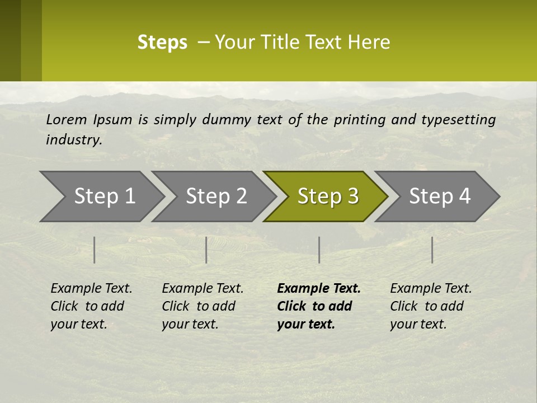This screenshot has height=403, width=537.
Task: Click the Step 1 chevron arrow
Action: [x=104, y=196]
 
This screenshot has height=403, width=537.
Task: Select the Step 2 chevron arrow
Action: [x=216, y=196]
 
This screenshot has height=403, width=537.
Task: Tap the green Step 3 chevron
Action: [x=328, y=196]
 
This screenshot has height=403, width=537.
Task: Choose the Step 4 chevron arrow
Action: [x=440, y=196]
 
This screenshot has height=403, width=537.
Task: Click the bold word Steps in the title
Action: [x=162, y=43]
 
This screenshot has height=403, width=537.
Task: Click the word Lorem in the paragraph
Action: [x=67, y=119]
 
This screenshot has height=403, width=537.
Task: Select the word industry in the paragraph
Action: [x=74, y=139]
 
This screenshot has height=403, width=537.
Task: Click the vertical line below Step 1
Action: [x=95, y=250]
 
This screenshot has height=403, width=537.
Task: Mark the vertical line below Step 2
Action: [x=206, y=250]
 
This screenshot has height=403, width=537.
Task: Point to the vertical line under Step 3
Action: [x=319, y=250]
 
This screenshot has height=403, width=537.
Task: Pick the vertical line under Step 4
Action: [x=432, y=250]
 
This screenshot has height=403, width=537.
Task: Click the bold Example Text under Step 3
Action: [x=319, y=289]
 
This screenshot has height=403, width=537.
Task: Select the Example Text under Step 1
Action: [x=91, y=289]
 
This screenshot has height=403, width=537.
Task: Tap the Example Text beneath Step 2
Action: [x=202, y=289]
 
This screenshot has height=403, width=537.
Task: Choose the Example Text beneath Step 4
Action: [x=431, y=289]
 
